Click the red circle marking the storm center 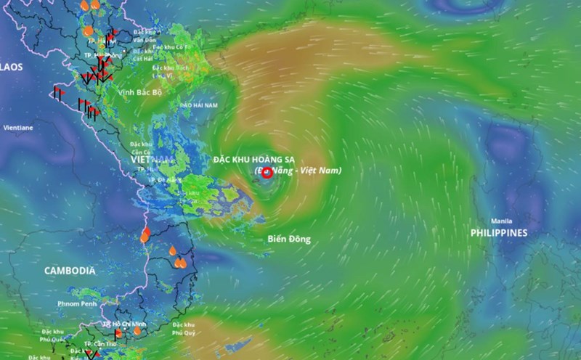point(267,172)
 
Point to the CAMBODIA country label point(70,271)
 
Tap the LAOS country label point(12,67)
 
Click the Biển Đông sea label point(288,239)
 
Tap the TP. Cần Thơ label point(101,343)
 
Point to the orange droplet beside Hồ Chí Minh point(118,334)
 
